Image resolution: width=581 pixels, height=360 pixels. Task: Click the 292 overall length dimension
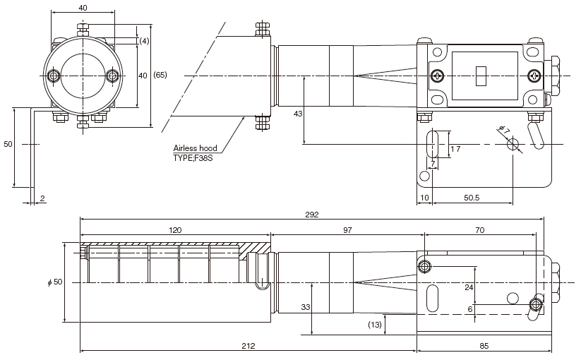(311, 214)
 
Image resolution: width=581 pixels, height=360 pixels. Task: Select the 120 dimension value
(175, 231)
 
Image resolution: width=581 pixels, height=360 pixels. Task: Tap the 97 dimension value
(347, 231)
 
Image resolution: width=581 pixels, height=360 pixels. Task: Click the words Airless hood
(196, 148)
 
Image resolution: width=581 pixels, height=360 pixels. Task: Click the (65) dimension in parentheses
(160, 75)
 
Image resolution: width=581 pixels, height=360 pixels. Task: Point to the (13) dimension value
(376, 325)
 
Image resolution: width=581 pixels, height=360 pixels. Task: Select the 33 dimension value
(305, 307)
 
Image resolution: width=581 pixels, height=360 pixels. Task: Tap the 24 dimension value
(469, 287)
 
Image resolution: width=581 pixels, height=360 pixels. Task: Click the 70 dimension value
(480, 231)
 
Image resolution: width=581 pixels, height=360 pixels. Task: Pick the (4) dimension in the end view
(144, 41)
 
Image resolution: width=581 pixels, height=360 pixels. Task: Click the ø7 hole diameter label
(504, 128)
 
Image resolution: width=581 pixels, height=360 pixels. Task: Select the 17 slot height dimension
(455, 148)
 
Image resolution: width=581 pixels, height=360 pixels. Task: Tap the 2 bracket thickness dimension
(42, 199)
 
